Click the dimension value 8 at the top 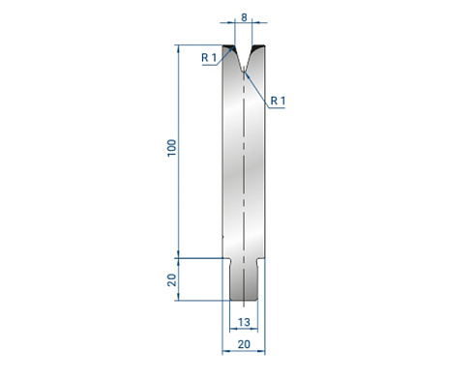pos(244,17)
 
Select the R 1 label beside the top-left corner pos(209,58)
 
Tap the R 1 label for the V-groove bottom pos(278,101)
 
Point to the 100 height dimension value pos(172,148)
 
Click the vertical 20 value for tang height pos(172,280)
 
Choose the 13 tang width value pos(244,322)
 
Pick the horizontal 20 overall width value pos(244,344)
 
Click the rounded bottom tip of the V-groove pos(244,71)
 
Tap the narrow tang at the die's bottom pos(244,279)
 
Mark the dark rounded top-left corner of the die pos(228,47)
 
